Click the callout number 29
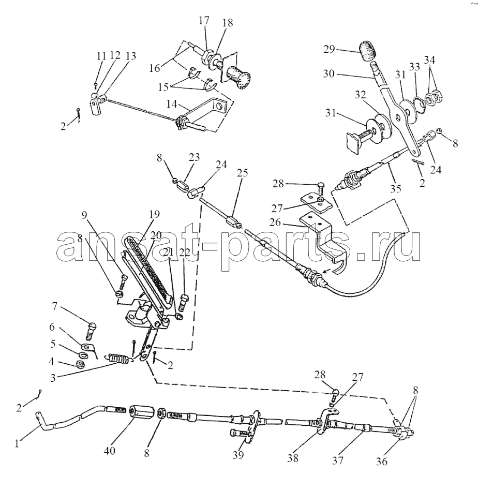pyautogui.click(x=329, y=49)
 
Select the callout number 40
pyautogui.click(x=109, y=451)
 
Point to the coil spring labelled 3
pyautogui.click(x=118, y=359)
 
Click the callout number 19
pyautogui.click(x=154, y=214)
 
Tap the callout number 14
pyautogui.click(x=172, y=104)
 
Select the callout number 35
pyautogui.click(x=395, y=189)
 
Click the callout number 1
pyautogui.click(x=17, y=443)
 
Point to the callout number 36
pyautogui.click(x=382, y=461)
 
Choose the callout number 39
pyautogui.click(x=238, y=455)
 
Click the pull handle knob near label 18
pyautogui.click(x=238, y=76)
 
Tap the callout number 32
pyautogui.click(x=360, y=95)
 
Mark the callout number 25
pyautogui.click(x=242, y=172)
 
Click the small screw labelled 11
pyautogui.click(x=96, y=84)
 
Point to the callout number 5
pyautogui.click(x=53, y=344)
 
